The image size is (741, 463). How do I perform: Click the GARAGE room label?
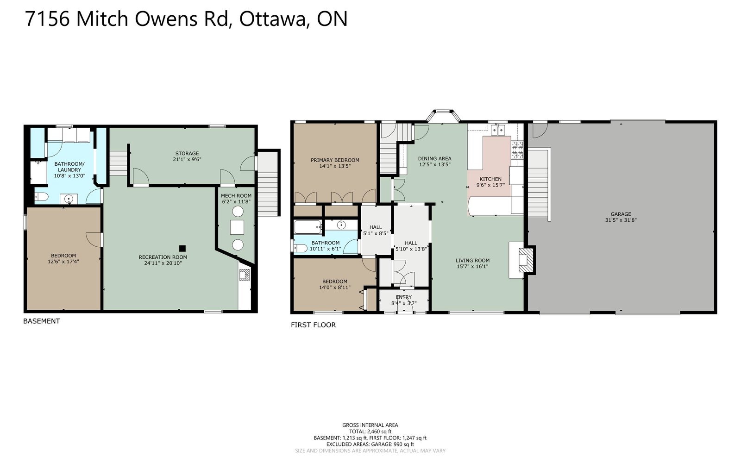[621, 214]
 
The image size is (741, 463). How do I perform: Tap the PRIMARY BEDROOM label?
[335, 160]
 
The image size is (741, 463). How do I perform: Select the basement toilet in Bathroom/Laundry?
[41, 197]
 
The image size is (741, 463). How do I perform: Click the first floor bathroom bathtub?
[308, 227]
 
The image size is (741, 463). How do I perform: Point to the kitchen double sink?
[498, 130]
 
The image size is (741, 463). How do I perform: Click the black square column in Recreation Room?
[182, 248]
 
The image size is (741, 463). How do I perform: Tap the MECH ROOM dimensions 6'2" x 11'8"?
[236, 201]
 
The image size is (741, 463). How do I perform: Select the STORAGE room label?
[187, 153]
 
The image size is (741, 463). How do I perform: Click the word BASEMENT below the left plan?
[41, 321]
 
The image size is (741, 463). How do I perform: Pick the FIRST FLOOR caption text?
[313, 325]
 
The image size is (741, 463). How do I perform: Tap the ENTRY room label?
[403, 297]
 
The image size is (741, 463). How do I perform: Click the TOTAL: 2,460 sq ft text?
[370, 432]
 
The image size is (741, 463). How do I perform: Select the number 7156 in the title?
[47, 19]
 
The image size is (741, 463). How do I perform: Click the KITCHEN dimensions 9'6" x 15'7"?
[490, 185]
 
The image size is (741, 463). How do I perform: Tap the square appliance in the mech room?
[237, 227]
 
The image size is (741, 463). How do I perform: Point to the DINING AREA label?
[434, 158]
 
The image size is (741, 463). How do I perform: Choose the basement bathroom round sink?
[69, 199]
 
